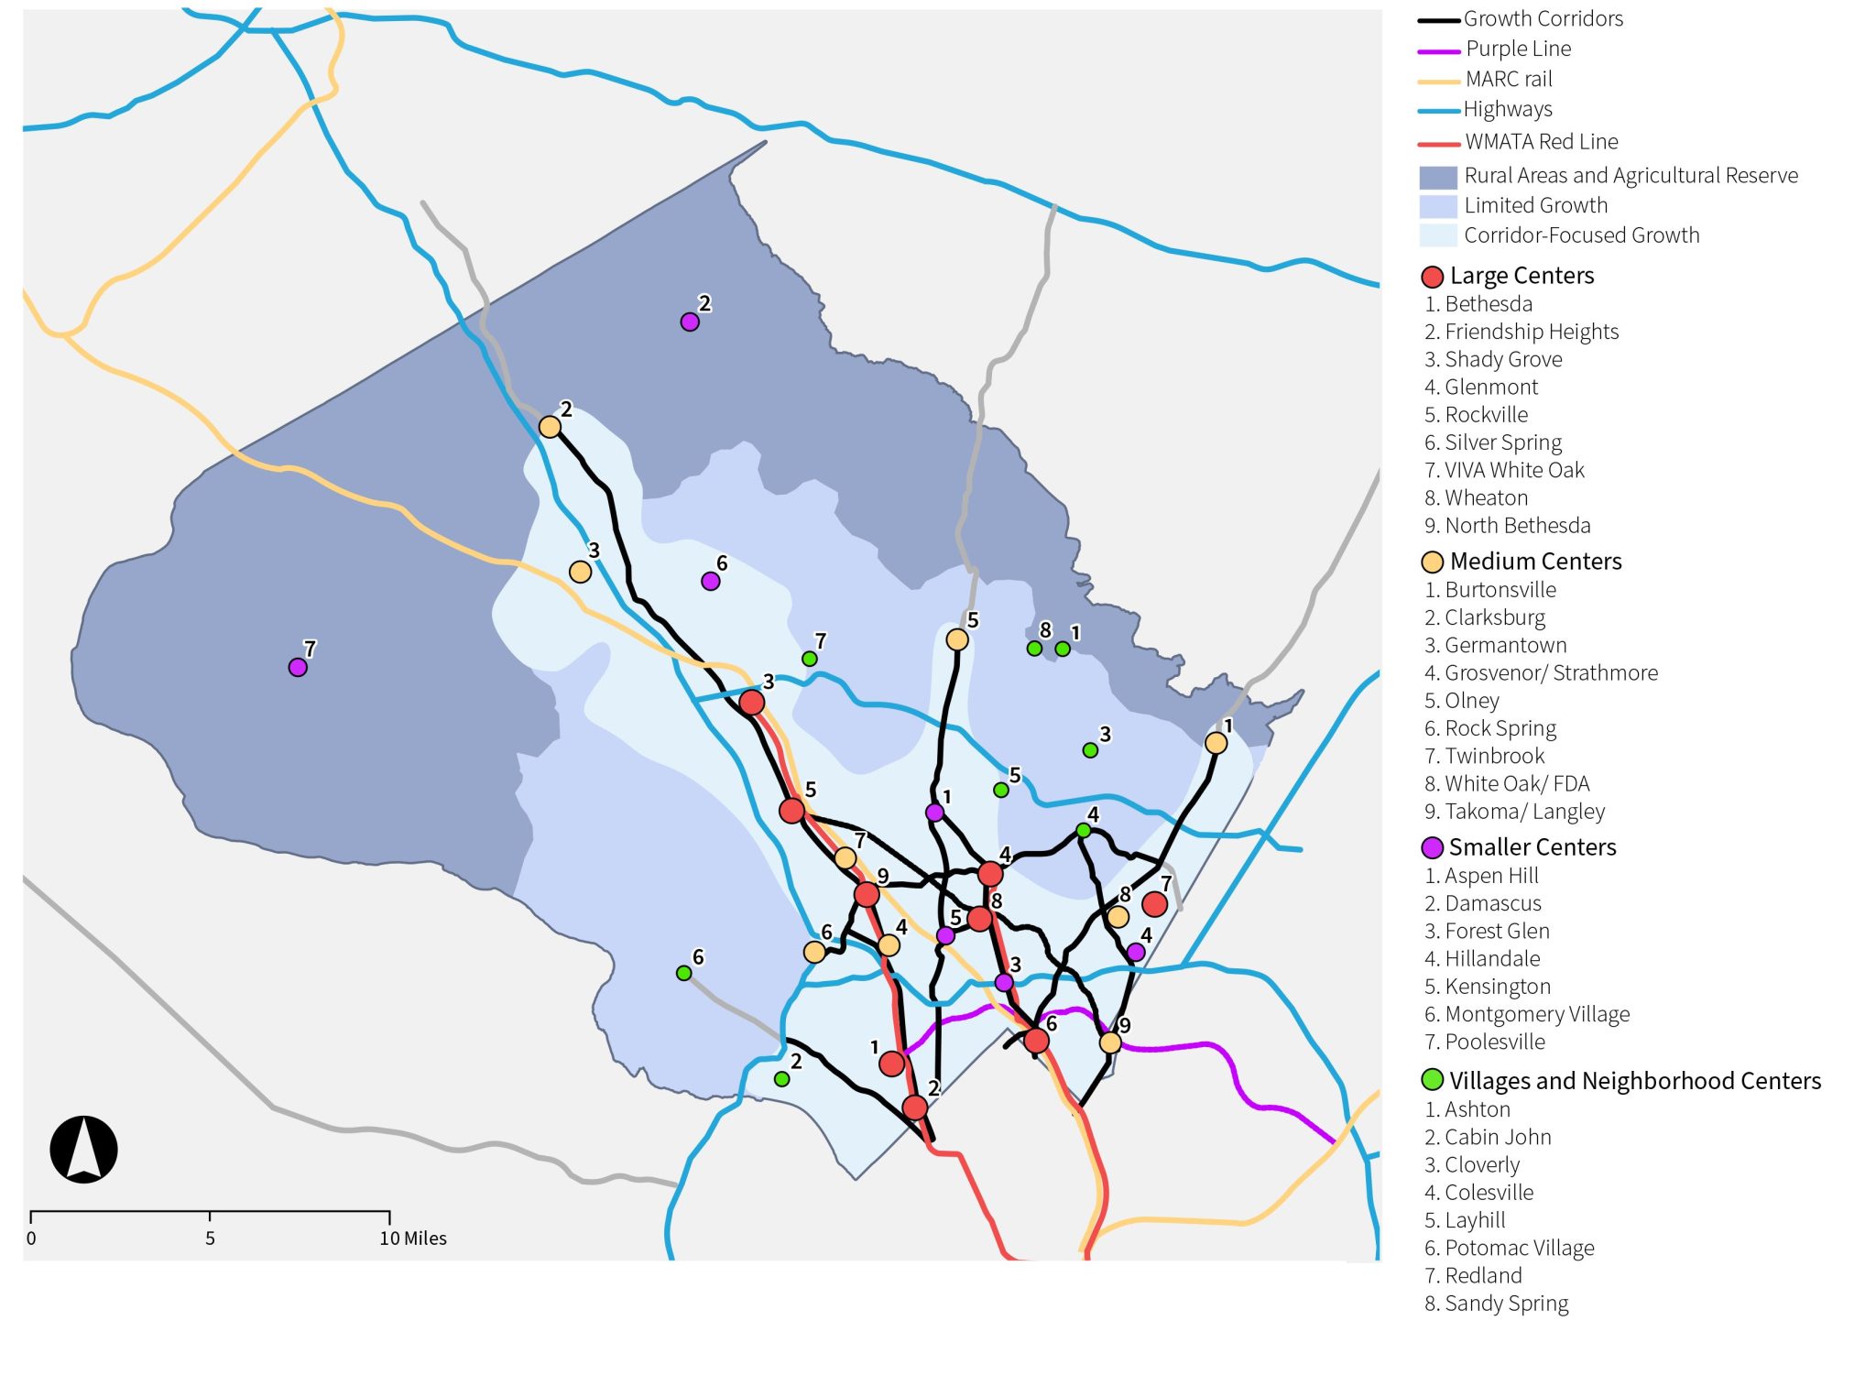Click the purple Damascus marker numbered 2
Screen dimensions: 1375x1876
(690, 322)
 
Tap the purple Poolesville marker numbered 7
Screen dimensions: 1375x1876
(298, 667)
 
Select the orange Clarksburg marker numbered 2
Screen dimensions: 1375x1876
(550, 427)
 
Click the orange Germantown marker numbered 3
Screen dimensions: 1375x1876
(580, 572)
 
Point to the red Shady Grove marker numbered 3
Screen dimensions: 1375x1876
(751, 703)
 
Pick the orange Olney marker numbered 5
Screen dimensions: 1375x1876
(957, 639)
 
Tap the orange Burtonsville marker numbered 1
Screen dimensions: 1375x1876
(1216, 743)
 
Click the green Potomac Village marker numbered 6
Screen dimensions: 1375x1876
(683, 973)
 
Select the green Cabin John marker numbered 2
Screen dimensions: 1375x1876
(781, 1079)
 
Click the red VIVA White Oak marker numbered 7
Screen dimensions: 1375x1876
(1154, 904)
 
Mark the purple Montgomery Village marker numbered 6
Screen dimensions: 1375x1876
(710, 581)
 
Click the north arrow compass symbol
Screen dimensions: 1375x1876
(83, 1149)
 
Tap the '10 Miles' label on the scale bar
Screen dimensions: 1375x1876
(413, 1239)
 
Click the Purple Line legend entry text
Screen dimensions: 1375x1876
(1518, 49)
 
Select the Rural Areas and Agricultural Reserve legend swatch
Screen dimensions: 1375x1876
(1437, 177)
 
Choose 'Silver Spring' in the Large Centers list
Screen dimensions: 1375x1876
(1502, 442)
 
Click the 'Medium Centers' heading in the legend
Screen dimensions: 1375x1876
(1535, 562)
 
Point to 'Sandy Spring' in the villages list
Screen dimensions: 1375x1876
(1506, 1304)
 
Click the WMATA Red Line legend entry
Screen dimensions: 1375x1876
(1541, 142)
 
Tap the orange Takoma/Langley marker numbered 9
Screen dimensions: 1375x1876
(1109, 1042)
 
